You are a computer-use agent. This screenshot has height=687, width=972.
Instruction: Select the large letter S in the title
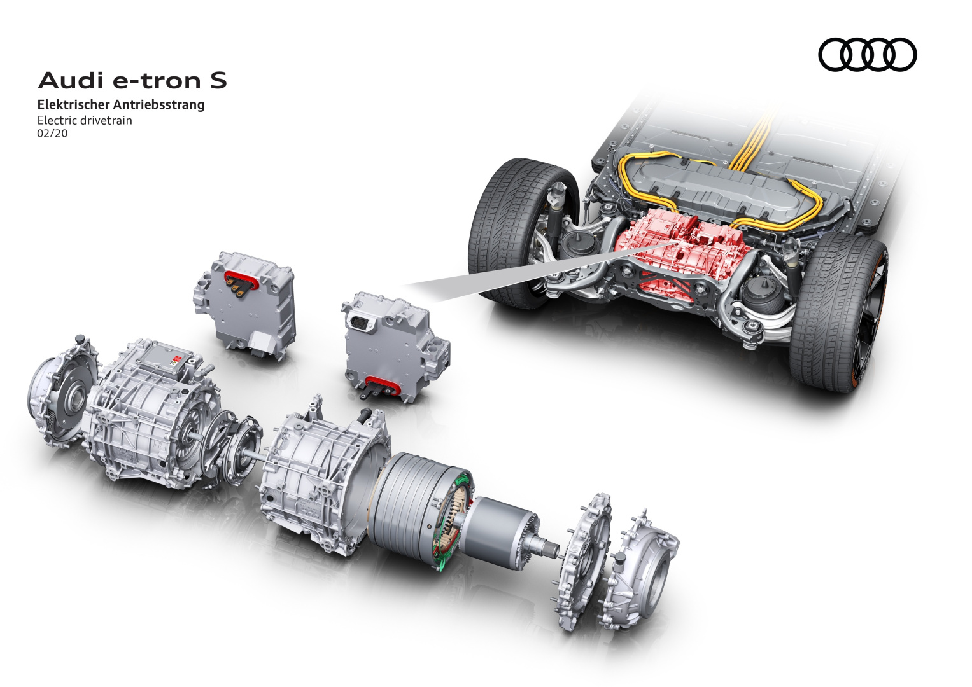[x=218, y=81]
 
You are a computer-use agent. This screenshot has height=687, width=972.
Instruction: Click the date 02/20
[x=52, y=134]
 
